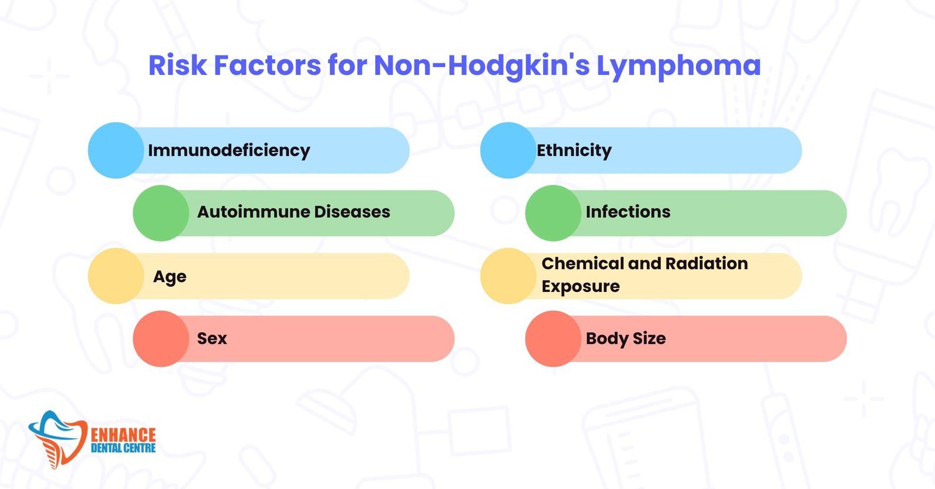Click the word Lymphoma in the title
click(x=678, y=66)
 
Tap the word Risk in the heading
click(x=178, y=65)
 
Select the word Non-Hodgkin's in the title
click(x=482, y=66)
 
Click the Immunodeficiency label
click(x=229, y=150)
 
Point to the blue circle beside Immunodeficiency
click(x=116, y=150)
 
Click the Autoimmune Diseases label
click(x=293, y=212)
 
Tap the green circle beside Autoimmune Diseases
click(x=161, y=213)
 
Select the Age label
click(x=170, y=277)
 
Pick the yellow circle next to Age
click(x=116, y=276)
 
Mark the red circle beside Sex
click(x=161, y=339)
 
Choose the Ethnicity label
click(x=574, y=150)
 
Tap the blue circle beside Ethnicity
click(x=508, y=150)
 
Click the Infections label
click(x=628, y=212)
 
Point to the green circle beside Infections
click(x=553, y=213)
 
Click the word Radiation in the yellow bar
click(x=707, y=264)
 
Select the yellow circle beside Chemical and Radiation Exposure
click(x=508, y=276)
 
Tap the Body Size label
click(x=626, y=339)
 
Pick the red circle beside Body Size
click(x=553, y=339)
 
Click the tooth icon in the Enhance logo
click(x=58, y=439)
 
